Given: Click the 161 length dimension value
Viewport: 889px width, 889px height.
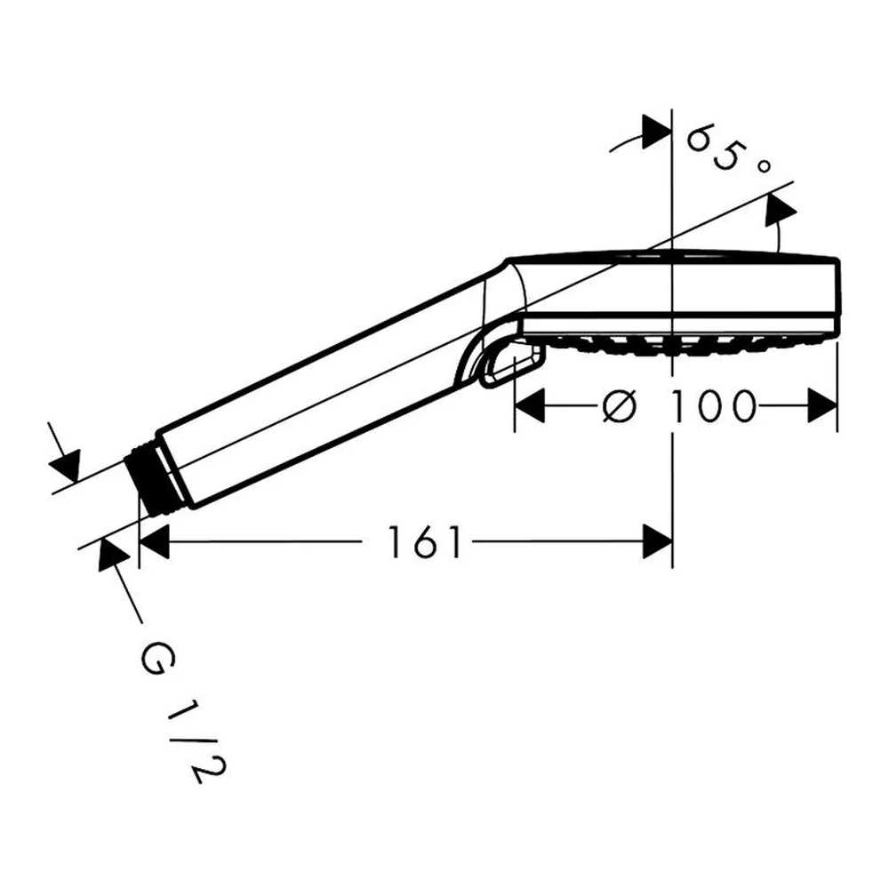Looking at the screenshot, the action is click(425, 542).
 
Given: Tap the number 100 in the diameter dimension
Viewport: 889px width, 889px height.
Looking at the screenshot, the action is click(713, 405).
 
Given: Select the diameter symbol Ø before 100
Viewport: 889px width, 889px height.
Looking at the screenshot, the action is click(620, 405).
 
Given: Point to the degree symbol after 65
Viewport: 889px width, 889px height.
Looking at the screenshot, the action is click(764, 166).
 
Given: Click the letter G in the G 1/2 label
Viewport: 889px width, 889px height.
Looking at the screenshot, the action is click(158, 658).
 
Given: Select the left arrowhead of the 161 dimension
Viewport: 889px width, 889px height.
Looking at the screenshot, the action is click(154, 541).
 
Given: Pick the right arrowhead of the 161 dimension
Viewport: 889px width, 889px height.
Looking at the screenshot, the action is click(657, 541).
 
